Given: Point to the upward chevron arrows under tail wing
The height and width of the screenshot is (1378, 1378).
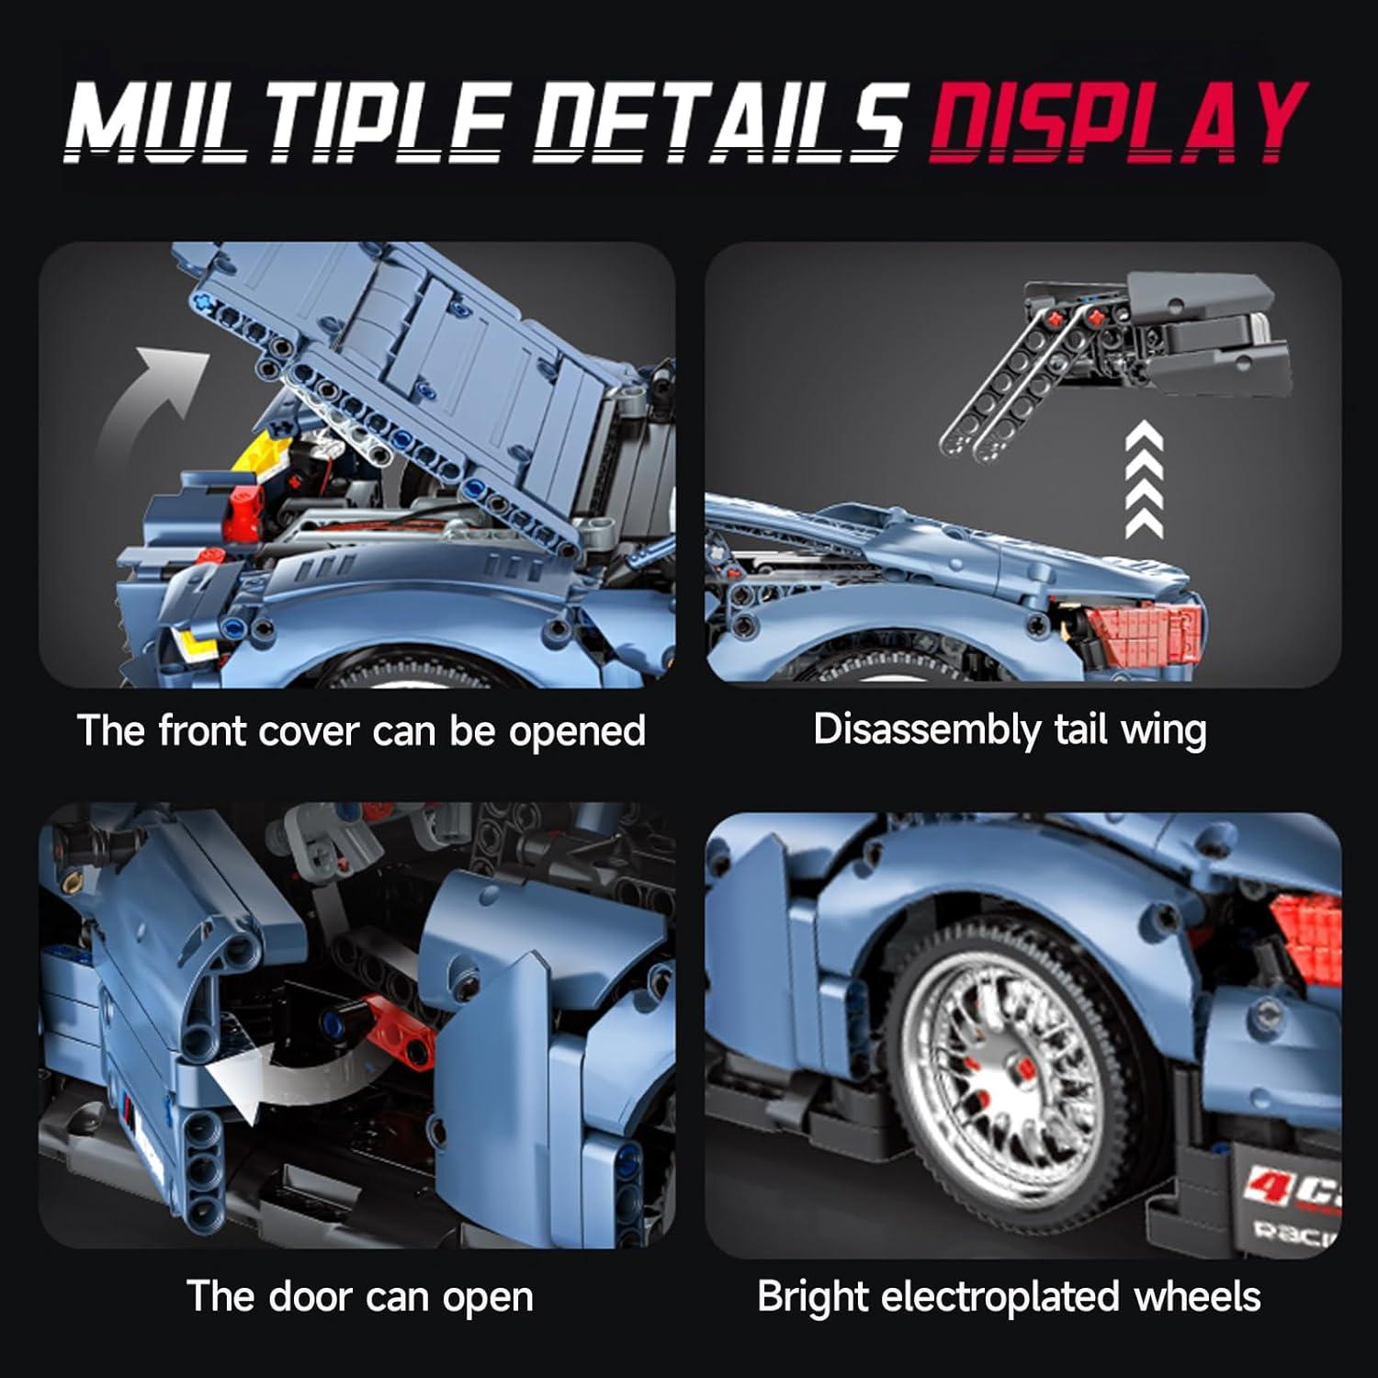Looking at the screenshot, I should (1145, 478).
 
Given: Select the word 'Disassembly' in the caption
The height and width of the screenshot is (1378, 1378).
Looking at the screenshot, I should (925, 731).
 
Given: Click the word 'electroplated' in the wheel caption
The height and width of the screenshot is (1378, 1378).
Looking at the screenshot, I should (1001, 1297).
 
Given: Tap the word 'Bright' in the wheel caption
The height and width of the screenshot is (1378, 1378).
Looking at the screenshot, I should (813, 1297).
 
